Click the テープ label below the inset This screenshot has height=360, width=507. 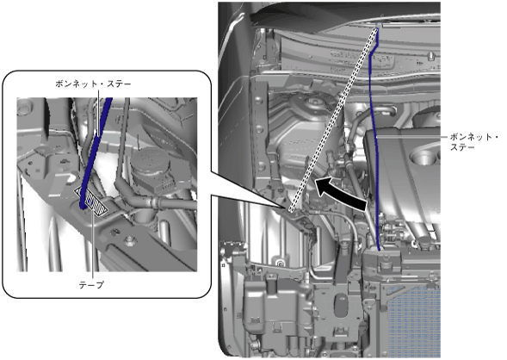coord(91,285)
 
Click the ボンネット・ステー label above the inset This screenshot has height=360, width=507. coord(94,84)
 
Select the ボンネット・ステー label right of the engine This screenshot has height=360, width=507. coord(474,142)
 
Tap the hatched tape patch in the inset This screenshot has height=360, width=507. coord(92,201)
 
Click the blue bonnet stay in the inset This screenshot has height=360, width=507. coord(96,152)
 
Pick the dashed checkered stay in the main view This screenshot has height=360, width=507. coord(333,120)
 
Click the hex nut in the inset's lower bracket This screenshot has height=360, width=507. coord(130,240)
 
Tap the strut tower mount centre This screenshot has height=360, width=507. coord(313,102)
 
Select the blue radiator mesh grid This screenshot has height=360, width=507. coord(414,320)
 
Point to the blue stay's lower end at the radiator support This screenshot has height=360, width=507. coord(379,249)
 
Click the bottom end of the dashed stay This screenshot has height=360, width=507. coord(291,211)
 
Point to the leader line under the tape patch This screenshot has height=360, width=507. coord(94,246)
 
